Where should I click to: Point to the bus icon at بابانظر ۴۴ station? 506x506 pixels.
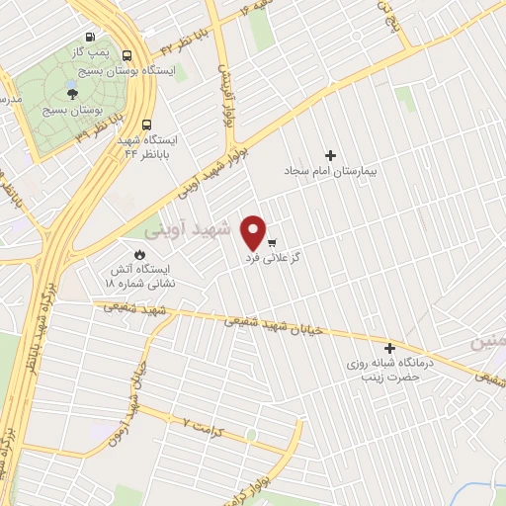point(146,126)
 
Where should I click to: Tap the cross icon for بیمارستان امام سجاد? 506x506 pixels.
point(330,154)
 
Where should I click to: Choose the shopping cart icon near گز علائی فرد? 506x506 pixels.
point(271,242)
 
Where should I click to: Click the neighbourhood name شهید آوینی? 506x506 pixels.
point(187,229)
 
